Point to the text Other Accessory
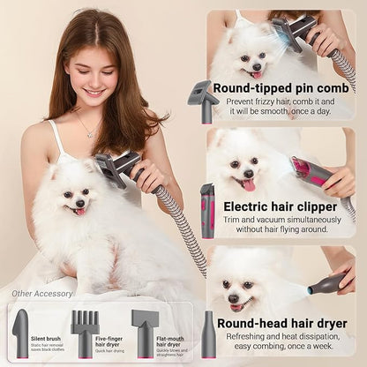click(42, 294)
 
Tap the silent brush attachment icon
click(20, 333)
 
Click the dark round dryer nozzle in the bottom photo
click(327, 284)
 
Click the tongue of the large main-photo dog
click(80, 211)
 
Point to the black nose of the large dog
click(77, 200)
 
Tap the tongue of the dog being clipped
click(250, 183)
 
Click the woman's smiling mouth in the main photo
click(93, 91)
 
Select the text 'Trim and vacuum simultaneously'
click(280, 219)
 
